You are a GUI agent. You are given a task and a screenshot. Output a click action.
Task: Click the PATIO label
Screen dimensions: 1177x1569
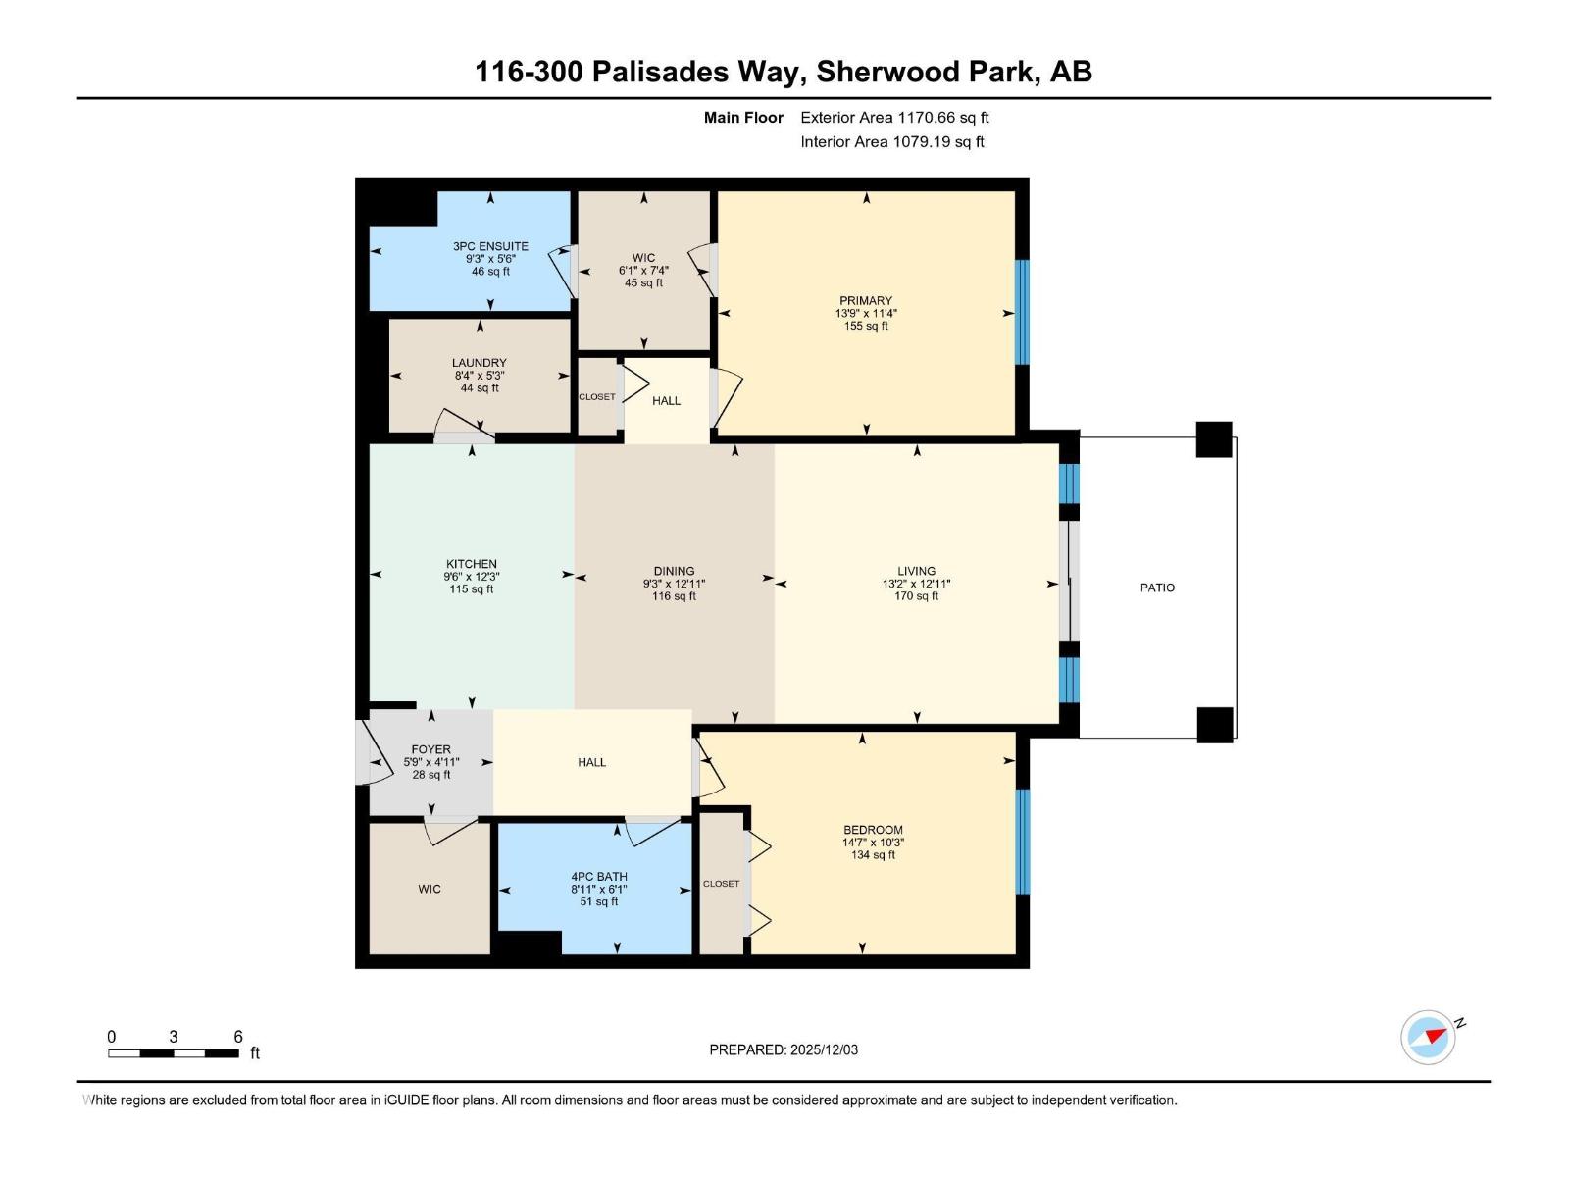[x=1157, y=588]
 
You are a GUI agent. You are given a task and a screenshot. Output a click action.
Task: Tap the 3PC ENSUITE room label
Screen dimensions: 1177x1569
[x=490, y=246]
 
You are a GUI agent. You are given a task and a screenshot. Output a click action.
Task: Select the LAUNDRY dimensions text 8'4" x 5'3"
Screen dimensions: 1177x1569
[x=480, y=376]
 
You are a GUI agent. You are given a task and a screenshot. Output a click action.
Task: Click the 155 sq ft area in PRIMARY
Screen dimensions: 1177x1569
[x=866, y=327]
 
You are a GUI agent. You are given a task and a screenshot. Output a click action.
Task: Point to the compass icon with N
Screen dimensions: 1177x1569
[x=1429, y=1037]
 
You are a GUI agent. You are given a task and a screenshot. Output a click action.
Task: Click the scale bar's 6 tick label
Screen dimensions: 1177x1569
[x=238, y=1037]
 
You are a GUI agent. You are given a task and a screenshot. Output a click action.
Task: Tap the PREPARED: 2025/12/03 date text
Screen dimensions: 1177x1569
[x=784, y=1049]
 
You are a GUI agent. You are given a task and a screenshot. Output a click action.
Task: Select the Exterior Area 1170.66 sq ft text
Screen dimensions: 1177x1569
[x=894, y=118]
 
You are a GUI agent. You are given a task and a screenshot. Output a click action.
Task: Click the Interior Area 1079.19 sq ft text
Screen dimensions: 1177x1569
[x=892, y=142]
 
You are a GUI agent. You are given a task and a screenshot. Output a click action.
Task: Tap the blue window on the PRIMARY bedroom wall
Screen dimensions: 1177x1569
[x=1022, y=312]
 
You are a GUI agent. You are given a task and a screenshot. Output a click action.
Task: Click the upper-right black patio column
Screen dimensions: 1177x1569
[x=1214, y=439]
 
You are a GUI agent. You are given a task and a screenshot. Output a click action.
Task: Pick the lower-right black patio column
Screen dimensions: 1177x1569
[x=1214, y=725]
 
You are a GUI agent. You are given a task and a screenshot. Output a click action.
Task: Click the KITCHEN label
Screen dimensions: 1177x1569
[x=472, y=564]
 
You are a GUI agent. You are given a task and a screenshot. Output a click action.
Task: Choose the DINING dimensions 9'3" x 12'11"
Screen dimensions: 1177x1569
[x=674, y=584]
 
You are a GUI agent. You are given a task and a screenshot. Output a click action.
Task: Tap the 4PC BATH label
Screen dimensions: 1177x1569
[x=599, y=877]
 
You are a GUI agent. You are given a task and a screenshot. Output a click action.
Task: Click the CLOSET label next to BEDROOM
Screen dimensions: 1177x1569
[x=721, y=884]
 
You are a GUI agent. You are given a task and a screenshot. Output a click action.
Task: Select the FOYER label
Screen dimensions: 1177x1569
[x=431, y=749]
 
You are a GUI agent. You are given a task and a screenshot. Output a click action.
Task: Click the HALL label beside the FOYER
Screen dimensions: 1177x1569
[x=591, y=762]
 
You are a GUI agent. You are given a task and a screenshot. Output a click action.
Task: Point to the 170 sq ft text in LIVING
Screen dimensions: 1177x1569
[x=916, y=596]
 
